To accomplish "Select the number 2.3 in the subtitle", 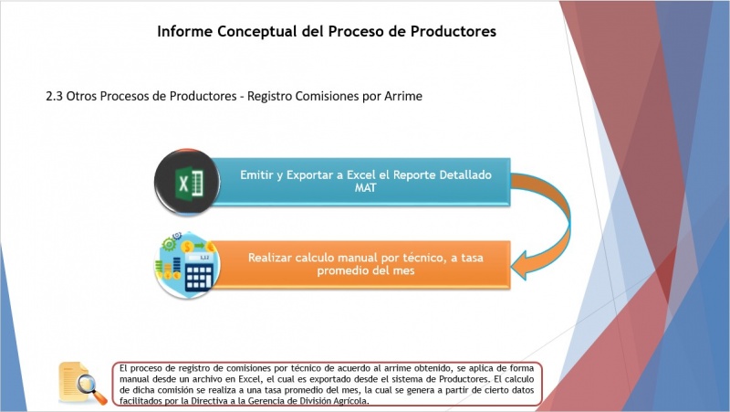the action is pyautogui.click(x=54, y=96).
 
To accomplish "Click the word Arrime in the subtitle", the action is pyautogui.click(x=403, y=96).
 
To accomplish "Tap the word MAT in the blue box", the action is pyautogui.click(x=366, y=188).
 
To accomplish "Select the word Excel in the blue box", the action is pyautogui.click(x=360, y=174).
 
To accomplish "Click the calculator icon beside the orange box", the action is pyautogui.click(x=187, y=264).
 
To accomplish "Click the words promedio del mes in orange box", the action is pyautogui.click(x=366, y=270).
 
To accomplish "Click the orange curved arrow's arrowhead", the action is pyautogui.click(x=519, y=266).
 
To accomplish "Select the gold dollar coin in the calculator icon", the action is pyautogui.click(x=188, y=246).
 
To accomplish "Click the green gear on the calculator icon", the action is pyautogui.click(x=169, y=243).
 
